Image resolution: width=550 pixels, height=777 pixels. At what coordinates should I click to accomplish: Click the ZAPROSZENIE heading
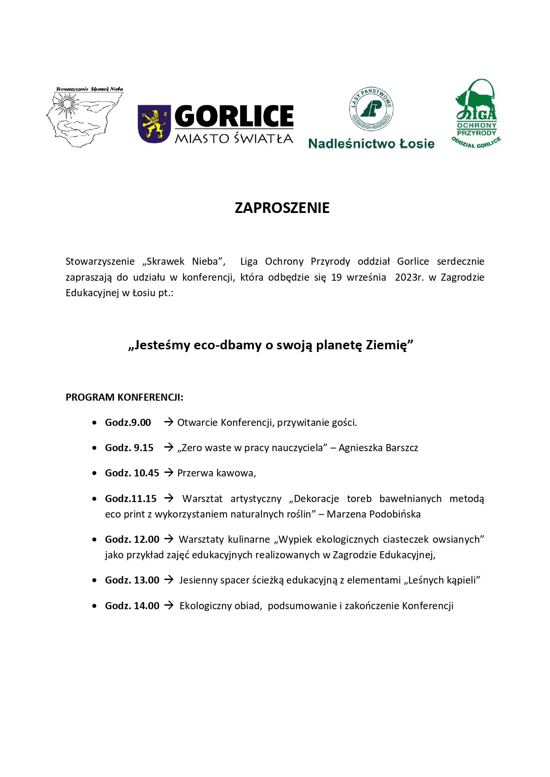tap(282, 208)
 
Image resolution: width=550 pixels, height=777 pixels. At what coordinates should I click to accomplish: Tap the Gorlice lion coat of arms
tap(154, 124)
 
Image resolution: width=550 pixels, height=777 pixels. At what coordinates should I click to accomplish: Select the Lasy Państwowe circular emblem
tap(371, 109)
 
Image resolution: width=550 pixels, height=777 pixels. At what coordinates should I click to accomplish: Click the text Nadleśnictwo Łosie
tap(371, 144)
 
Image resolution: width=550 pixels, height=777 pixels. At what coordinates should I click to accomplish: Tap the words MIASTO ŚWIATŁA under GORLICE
tap(234, 139)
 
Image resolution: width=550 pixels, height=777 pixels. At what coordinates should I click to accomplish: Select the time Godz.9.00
tap(128, 423)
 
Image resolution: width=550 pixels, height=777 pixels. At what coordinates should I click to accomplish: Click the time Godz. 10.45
tap(132, 473)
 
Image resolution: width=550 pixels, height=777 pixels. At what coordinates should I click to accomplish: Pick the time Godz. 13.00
tap(132, 580)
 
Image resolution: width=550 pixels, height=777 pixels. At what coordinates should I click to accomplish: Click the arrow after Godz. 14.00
tap(169, 606)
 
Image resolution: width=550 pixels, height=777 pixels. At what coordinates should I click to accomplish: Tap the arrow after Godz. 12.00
tap(169, 539)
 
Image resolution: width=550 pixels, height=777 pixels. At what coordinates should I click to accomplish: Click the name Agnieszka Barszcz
tap(378, 448)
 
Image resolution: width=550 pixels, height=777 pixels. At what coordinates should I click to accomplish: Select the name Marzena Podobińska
tap(374, 514)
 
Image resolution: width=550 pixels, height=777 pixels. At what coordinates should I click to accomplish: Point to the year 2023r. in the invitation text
tap(409, 278)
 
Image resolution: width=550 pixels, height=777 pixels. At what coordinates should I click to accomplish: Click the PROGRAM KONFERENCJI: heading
tap(125, 398)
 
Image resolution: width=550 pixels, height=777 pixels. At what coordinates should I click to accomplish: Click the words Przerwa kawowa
tap(216, 473)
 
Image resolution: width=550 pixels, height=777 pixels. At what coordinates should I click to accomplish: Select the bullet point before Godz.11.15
tap(94, 499)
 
